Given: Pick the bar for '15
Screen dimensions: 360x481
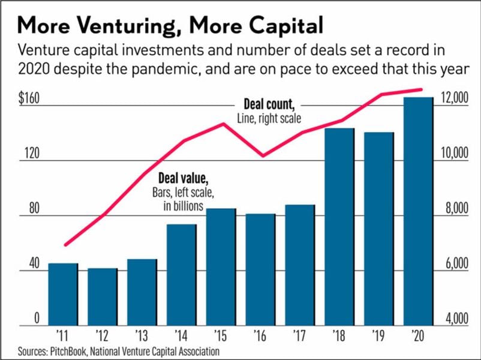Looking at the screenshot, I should click(221, 267).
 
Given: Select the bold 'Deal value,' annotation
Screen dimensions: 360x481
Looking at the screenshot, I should click(183, 179).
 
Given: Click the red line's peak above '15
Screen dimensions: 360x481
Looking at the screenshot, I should click(223, 124).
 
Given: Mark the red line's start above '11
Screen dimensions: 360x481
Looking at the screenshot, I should click(65, 245).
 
